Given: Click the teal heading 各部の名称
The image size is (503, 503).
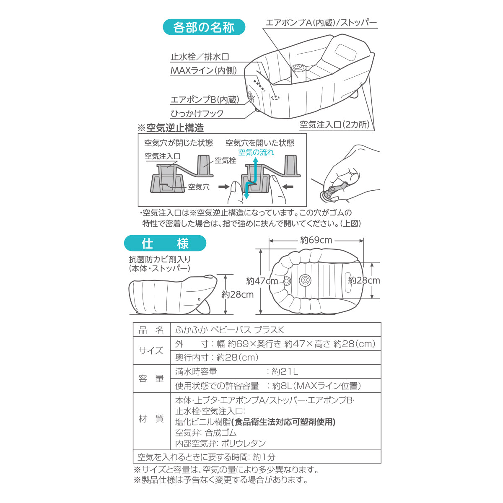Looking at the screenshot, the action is click(204, 27).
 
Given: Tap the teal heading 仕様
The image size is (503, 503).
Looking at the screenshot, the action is click(165, 243).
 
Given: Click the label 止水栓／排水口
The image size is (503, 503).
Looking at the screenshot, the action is click(200, 57).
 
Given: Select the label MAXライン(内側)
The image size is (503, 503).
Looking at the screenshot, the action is click(204, 70).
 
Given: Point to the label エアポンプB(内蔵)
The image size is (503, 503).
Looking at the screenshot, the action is click(205, 99).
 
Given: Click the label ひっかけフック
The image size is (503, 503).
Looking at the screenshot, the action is click(197, 114).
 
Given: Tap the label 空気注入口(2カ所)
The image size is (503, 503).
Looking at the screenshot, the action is click(335, 124).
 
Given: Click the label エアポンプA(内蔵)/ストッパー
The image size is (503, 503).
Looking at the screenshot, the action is click(322, 23).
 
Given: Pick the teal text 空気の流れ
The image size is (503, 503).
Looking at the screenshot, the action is click(256, 152).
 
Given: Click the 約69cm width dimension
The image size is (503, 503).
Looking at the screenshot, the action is click(316, 240).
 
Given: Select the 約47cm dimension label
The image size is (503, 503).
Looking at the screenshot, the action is click(262, 281).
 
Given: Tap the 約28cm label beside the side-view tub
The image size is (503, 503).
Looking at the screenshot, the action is click(238, 294).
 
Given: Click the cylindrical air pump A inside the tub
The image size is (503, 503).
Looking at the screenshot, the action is click(298, 71).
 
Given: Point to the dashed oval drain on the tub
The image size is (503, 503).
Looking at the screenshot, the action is click(275, 98).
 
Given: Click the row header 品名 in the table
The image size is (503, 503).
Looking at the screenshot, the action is click(151, 330).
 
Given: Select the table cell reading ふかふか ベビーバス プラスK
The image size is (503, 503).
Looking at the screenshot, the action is click(229, 330).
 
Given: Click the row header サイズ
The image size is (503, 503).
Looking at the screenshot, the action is click(151, 350).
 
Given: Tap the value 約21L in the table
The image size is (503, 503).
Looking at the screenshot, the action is click(285, 371).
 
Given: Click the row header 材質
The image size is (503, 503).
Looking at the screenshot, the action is click(151, 419).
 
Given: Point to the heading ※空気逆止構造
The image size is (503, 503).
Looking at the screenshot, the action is click(171, 128).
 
